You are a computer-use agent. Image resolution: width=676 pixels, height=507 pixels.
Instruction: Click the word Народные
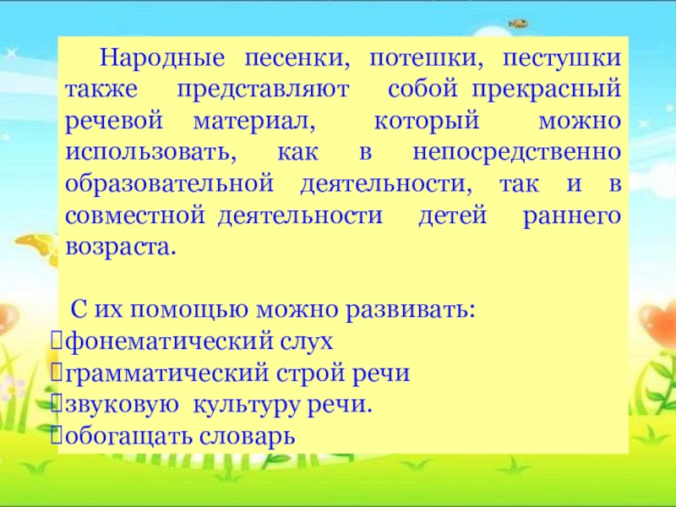(162, 58)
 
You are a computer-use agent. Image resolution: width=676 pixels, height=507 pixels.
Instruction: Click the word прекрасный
(546, 90)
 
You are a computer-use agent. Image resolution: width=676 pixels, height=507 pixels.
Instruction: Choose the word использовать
(151, 153)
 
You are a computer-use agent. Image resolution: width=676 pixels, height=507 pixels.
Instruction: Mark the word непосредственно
(517, 153)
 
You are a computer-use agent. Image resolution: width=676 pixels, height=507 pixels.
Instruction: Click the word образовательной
(169, 184)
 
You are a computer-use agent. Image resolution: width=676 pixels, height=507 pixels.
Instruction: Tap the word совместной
(135, 215)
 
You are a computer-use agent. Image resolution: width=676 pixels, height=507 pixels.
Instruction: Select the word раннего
(572, 216)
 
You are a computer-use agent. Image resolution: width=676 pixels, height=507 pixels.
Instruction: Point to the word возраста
(121, 248)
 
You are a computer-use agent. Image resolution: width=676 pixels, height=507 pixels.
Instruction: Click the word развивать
(410, 309)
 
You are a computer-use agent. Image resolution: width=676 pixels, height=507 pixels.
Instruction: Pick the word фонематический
(170, 342)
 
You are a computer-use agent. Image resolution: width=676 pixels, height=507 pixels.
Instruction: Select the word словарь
(247, 435)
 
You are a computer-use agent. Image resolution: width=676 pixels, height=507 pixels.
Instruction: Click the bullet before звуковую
(56, 404)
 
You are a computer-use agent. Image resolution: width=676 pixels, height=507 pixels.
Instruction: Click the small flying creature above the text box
(519, 24)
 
